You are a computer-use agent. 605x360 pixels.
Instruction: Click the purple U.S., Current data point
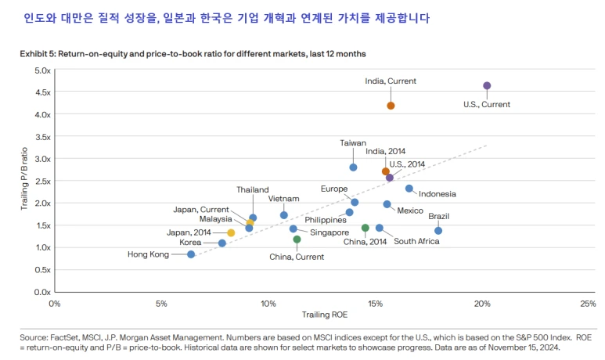point(487,86)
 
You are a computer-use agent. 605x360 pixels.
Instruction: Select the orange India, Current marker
point(391,106)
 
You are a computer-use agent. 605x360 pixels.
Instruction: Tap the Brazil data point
point(438,231)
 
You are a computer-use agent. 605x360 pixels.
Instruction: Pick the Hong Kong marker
point(191,254)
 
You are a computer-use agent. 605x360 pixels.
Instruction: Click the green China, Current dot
point(297,239)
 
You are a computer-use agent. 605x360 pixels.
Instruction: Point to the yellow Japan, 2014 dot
point(231,233)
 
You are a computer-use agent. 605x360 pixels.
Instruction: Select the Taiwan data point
point(353,167)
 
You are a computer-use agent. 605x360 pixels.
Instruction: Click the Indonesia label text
point(437,194)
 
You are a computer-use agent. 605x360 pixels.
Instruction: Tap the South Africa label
point(416,242)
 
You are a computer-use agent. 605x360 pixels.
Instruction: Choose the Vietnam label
point(283,199)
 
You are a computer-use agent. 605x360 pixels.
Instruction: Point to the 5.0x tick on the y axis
point(41,70)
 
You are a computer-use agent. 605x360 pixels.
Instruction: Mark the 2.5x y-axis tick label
point(41,181)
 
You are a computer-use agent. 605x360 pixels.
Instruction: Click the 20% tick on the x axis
point(482,303)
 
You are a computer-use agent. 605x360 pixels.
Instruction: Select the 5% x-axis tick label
point(161,303)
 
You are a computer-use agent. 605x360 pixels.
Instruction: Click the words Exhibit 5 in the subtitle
point(38,53)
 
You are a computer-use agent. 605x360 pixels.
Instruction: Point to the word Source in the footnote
point(34,338)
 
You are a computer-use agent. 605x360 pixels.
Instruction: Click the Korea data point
point(222,243)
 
